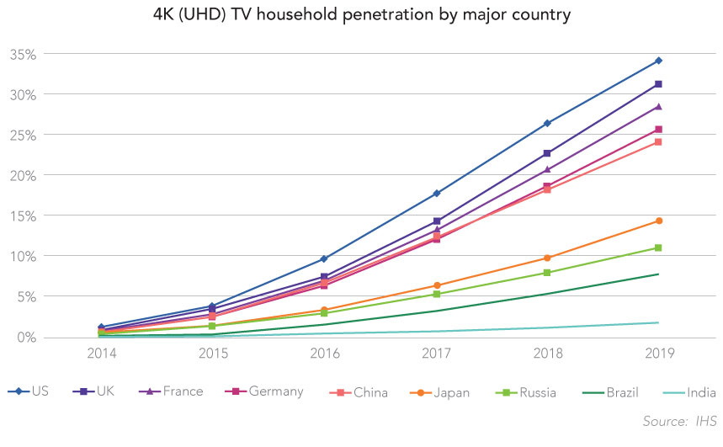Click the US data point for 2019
[x=658, y=61]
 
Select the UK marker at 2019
[x=658, y=84]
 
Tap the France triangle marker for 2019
[x=658, y=107]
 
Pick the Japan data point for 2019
[x=658, y=221]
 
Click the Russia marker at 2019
[x=658, y=247]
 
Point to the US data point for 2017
[x=436, y=194]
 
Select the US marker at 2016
[x=323, y=258]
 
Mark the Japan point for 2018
[x=547, y=258]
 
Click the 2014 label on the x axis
[x=101, y=355]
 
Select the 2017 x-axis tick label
[x=436, y=355]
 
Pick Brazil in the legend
[x=624, y=392]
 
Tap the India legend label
[x=701, y=392]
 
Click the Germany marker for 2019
[x=658, y=130]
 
